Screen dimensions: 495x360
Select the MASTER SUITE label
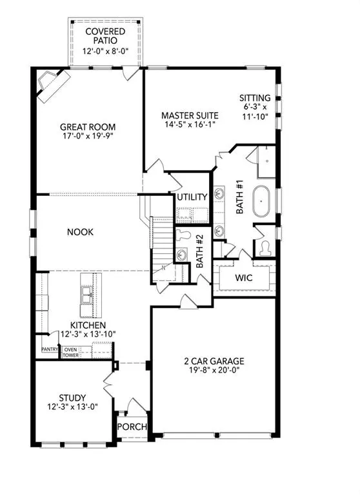tap(190, 116)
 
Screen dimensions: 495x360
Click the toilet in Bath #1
tap(265, 246)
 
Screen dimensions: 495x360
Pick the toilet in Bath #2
tap(183, 235)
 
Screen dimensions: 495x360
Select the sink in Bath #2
tap(183, 255)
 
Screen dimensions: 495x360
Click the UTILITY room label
tap(192, 198)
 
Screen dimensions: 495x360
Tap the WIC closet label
tap(243, 278)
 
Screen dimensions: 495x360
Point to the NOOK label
tap(79, 232)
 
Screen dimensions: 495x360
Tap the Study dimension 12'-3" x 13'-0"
tap(72, 408)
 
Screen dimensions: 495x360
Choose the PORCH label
tap(132, 427)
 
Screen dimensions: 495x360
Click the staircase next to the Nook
tap(162, 245)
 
